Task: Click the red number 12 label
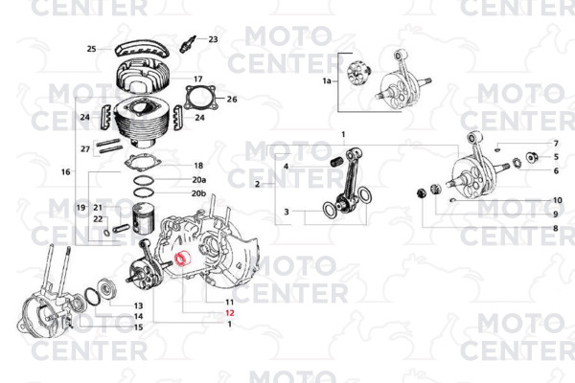point(230,313)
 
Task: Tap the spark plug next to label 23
point(188,44)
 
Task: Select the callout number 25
point(91,49)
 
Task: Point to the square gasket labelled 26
point(200,98)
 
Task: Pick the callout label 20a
point(199,180)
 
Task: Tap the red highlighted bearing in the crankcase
point(182,259)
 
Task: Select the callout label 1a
point(327,80)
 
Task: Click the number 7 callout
point(556,144)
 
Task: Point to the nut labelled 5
point(533,157)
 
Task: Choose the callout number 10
point(557,200)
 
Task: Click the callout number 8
point(556,228)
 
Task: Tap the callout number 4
point(286,167)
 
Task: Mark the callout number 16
point(65,171)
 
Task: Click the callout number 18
point(198,166)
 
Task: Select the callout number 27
point(85,149)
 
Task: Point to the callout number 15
point(138,327)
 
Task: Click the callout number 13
point(138,305)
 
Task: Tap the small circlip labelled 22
point(106,233)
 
